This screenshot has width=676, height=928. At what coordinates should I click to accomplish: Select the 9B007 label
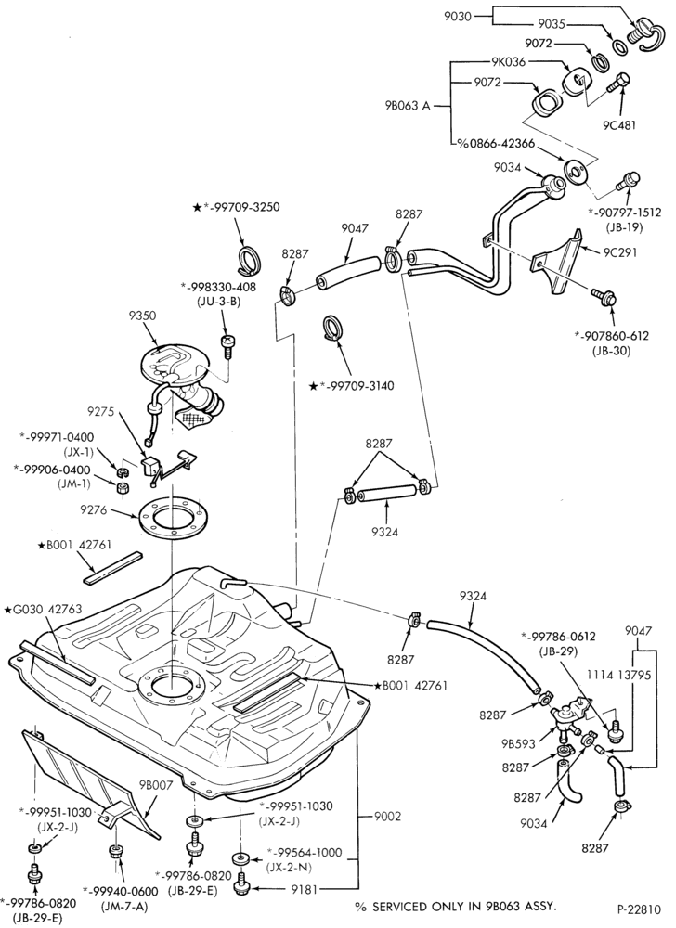(156, 786)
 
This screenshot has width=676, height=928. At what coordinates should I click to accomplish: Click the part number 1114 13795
(619, 676)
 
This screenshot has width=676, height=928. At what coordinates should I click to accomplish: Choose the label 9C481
(619, 125)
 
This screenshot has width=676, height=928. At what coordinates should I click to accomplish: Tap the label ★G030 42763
(43, 609)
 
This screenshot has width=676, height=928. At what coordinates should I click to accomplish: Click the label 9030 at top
(458, 17)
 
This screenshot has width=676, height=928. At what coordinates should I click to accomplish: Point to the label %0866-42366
(496, 144)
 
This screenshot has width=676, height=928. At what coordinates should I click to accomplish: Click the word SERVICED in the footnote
(395, 906)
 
